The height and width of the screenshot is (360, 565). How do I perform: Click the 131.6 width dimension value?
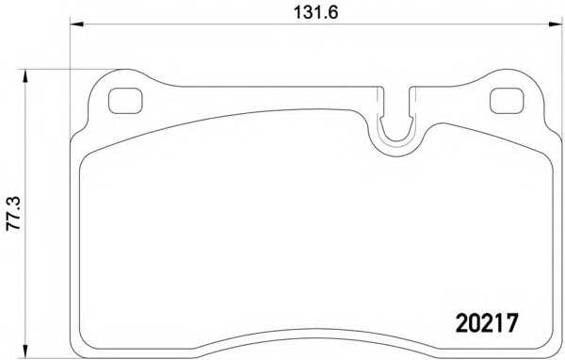(315, 12)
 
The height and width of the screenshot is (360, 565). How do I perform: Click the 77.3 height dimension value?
(14, 214)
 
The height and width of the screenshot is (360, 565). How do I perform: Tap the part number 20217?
(487, 323)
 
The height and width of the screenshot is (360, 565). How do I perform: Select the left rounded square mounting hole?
(125, 101)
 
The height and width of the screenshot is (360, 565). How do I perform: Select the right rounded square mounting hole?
(507, 101)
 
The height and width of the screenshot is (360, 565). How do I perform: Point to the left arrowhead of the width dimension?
(76, 25)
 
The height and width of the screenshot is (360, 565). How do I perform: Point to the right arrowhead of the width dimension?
(556, 25)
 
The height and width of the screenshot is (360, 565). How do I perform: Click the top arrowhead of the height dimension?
(24, 75)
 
